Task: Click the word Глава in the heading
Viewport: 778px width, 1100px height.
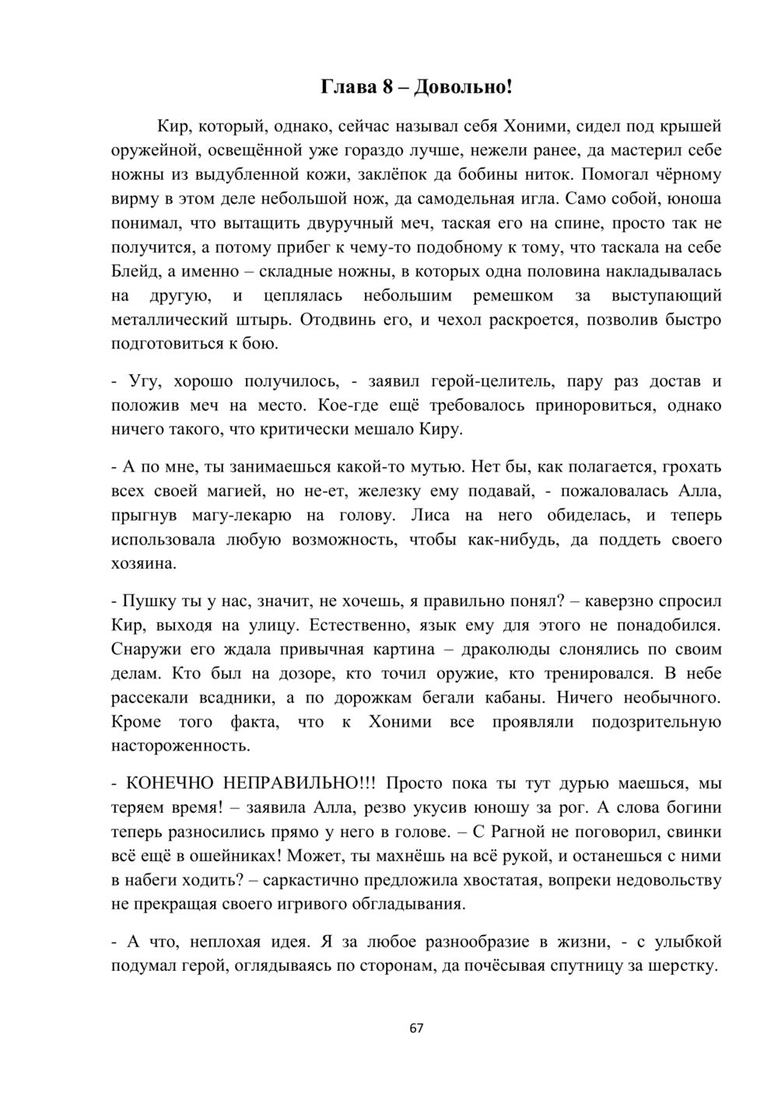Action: [x=347, y=87]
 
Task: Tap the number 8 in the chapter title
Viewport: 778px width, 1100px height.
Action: [x=387, y=87]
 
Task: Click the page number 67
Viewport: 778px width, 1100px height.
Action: [x=416, y=1028]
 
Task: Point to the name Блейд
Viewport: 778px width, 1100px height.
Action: [x=135, y=271]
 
